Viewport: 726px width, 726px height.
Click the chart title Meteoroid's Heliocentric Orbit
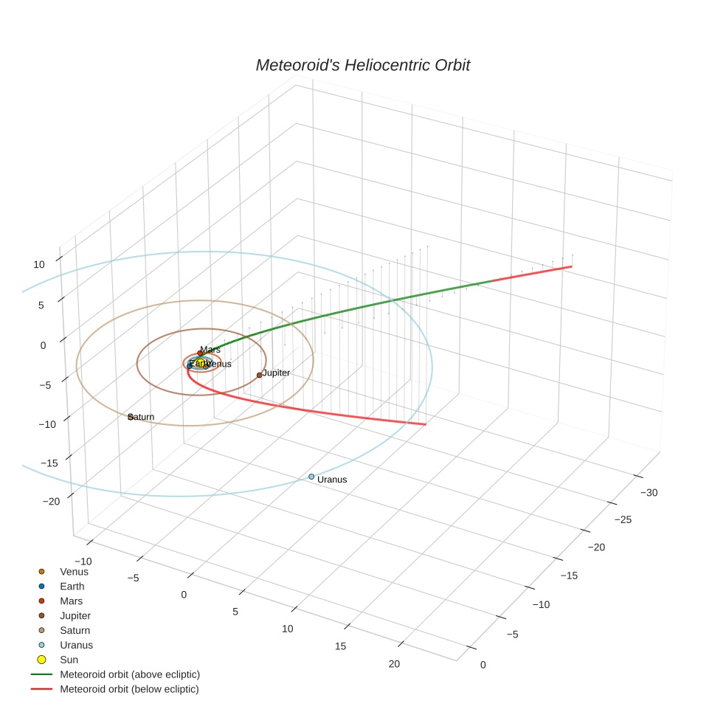(362, 65)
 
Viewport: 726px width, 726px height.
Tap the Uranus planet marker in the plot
(311, 477)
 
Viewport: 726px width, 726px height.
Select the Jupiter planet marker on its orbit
(259, 375)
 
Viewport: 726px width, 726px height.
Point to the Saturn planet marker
(131, 417)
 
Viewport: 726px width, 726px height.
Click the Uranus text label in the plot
(332, 480)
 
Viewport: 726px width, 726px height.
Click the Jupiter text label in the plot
(276, 373)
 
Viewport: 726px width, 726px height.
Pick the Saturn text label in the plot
(142, 417)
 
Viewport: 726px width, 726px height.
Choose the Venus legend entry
(74, 571)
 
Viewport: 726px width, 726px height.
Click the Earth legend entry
(72, 586)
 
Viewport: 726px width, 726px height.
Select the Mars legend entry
(71, 601)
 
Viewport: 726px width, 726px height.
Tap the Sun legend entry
(69, 660)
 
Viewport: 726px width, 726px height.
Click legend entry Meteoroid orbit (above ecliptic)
(129, 674)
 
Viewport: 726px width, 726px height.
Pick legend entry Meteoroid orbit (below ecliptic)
(129, 689)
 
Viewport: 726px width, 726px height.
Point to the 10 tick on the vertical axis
(39, 264)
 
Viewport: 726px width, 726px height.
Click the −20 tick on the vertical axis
(51, 501)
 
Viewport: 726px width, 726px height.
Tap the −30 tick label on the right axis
(649, 492)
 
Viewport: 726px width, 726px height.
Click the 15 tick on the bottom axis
(341, 646)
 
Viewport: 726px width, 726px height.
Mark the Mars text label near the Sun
(210, 349)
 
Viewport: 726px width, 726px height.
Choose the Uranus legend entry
(76, 645)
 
